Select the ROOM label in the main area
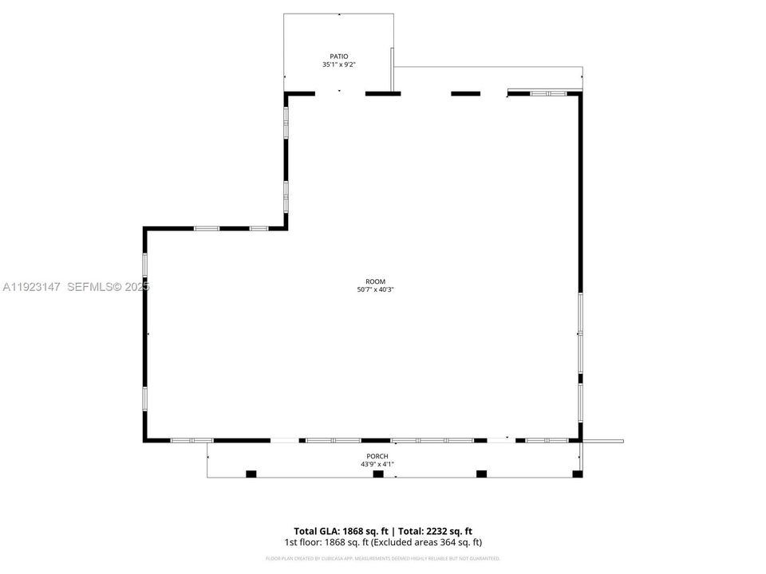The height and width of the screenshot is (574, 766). pyautogui.click(x=375, y=281)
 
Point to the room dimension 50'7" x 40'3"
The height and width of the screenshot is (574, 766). pyautogui.click(x=375, y=289)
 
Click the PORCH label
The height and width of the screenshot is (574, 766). pyautogui.click(x=377, y=456)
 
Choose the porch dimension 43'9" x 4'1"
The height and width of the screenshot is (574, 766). pyautogui.click(x=377, y=464)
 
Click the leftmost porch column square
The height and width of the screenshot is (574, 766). pyautogui.click(x=251, y=474)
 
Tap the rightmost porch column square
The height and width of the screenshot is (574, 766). pyautogui.click(x=577, y=474)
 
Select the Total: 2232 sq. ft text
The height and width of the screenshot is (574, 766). pyautogui.click(x=433, y=531)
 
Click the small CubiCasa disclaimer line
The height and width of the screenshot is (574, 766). pyautogui.click(x=383, y=557)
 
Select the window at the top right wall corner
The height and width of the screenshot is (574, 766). pyautogui.click(x=549, y=93)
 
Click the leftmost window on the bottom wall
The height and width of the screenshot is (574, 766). pyautogui.click(x=191, y=440)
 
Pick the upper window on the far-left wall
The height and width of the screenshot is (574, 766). pyautogui.click(x=144, y=265)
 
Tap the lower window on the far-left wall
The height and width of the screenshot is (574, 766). pyautogui.click(x=144, y=398)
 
